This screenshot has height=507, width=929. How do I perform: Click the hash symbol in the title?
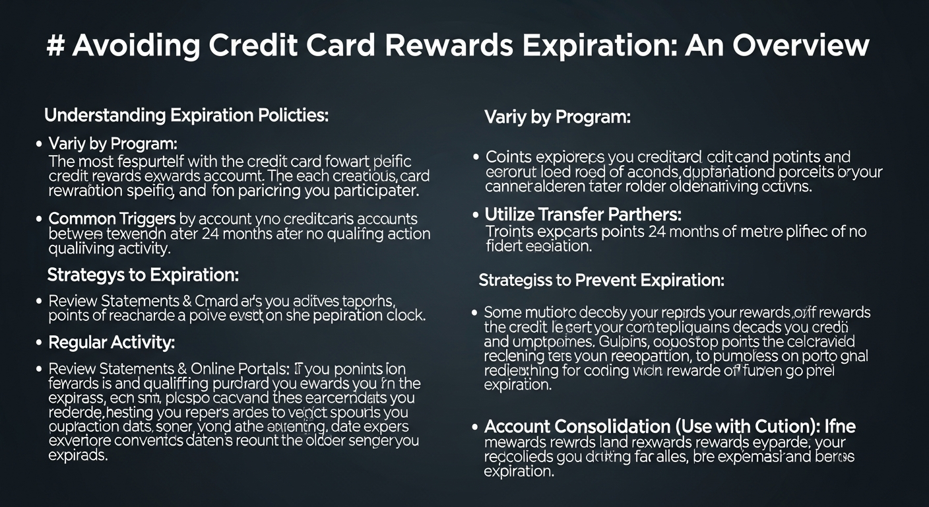click(x=59, y=46)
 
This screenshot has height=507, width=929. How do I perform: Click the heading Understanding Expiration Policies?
click(x=186, y=115)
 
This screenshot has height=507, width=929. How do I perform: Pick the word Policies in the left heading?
click(x=291, y=115)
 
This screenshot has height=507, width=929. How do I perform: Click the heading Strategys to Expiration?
click(x=143, y=274)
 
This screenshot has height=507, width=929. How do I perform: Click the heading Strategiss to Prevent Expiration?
click(x=601, y=280)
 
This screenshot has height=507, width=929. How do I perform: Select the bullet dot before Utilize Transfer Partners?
click(x=476, y=215)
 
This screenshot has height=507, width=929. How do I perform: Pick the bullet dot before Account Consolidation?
click(x=476, y=427)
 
